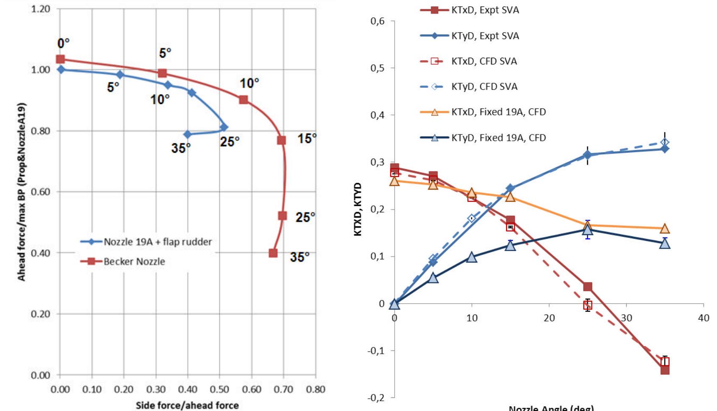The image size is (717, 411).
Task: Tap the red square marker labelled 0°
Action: click(x=61, y=59)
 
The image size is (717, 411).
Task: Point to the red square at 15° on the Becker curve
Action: click(x=281, y=140)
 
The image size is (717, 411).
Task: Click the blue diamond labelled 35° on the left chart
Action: click(x=188, y=134)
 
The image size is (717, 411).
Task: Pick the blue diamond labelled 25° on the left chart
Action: click(x=224, y=127)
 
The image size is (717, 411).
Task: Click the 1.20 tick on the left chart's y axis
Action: click(x=40, y=9)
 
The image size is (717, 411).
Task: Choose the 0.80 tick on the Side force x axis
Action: click(x=315, y=389)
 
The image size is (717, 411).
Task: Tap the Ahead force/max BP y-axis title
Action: click(x=22, y=192)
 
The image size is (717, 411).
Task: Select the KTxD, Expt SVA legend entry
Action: click(x=485, y=10)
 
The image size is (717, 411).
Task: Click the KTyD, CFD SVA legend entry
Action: click(x=484, y=87)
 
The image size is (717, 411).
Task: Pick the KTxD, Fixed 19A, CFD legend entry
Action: click(x=499, y=112)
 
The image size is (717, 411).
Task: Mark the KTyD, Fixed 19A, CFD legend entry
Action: click(x=499, y=138)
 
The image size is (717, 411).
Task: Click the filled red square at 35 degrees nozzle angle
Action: click(x=665, y=370)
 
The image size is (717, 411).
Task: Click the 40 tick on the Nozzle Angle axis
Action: click(x=703, y=318)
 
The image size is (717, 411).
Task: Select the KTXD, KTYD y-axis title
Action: click(x=358, y=209)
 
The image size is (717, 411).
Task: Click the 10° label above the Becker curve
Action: click(x=249, y=83)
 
